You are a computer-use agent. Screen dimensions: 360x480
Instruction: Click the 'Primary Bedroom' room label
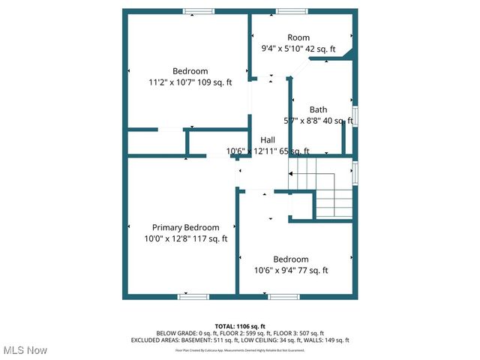point(185,227)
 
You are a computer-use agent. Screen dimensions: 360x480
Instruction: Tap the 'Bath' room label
point(319,109)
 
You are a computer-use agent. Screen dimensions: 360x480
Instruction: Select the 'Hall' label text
point(268,140)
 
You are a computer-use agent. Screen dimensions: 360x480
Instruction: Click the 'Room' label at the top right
point(298,37)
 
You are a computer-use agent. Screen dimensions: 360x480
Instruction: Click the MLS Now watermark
point(25,350)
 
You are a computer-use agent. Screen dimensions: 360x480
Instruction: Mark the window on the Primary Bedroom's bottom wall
point(193,297)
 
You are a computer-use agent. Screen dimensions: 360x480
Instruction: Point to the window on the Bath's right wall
point(355,116)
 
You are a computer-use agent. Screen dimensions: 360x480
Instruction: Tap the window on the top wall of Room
point(291,11)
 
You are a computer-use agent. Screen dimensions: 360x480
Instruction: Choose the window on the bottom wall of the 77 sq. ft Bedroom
point(283,297)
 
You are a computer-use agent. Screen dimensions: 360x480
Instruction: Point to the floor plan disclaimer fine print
point(240,350)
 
